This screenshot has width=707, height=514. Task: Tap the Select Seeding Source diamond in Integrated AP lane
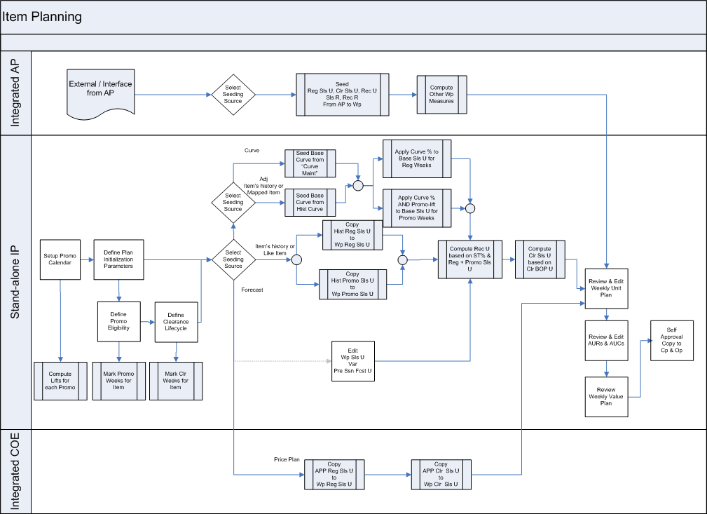pos(233,95)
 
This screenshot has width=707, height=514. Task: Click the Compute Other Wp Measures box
pos(441,95)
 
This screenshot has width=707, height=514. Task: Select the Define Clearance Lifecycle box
pos(175,322)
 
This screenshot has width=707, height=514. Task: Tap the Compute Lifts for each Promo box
pos(60,381)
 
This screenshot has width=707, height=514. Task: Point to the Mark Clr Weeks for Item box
pos(176,381)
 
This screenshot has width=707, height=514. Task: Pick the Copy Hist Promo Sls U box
pos(352,285)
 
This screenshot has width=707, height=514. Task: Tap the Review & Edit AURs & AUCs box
pos(607,339)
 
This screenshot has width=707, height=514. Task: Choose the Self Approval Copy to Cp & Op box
pos(672,341)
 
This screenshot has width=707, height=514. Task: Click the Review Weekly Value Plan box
pos(606,396)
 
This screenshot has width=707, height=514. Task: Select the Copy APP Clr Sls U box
pos(441,474)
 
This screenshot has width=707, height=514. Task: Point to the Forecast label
pos(252,290)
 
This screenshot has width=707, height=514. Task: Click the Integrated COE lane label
pos(15,471)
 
